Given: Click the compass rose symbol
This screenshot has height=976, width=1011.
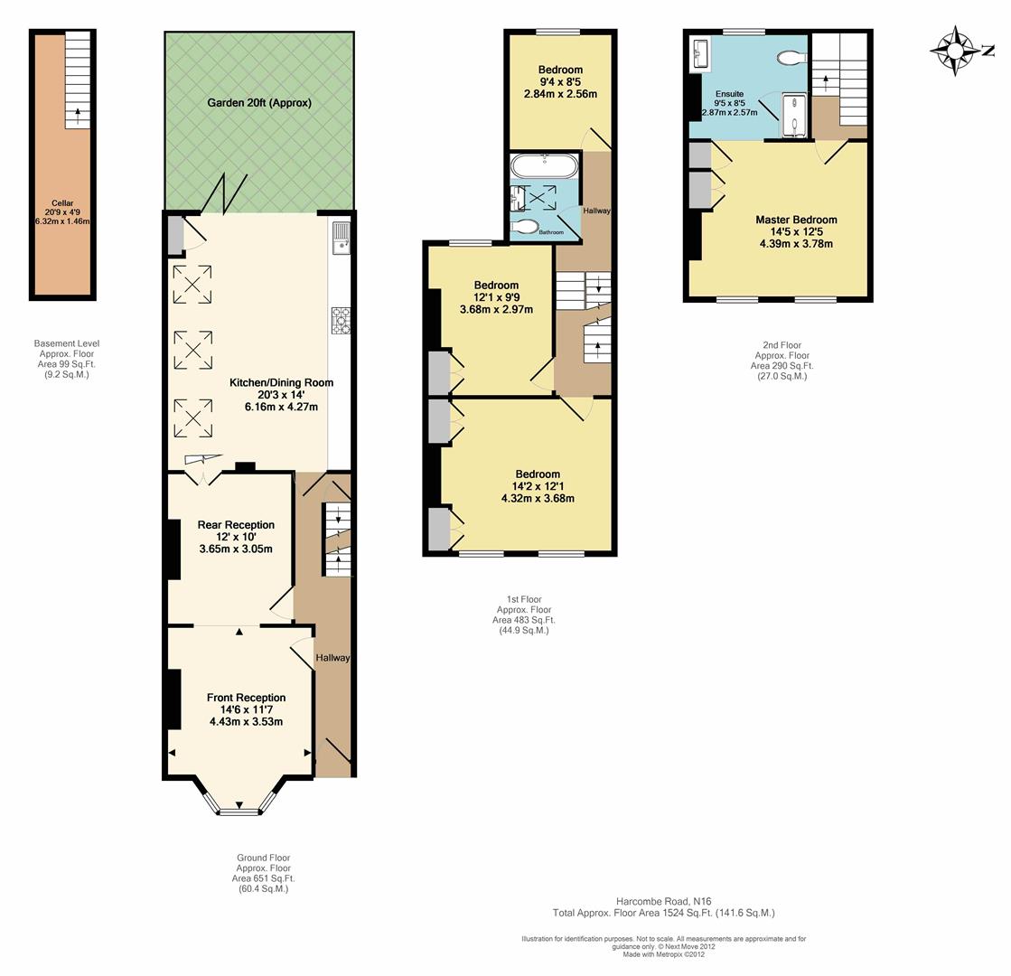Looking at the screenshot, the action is point(953,51).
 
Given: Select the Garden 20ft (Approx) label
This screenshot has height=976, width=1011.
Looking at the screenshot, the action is point(259,102).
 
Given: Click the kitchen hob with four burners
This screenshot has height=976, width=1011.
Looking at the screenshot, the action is point(341,321).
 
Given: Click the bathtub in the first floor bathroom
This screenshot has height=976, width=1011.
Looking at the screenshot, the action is point(545,165).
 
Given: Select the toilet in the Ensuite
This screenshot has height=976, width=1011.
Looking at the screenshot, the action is point(791,58).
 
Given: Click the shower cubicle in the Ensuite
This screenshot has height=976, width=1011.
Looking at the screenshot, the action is point(794,116).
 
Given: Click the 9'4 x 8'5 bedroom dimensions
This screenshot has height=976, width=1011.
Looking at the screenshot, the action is point(560,82).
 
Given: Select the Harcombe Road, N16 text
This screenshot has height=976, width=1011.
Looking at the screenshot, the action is point(663,901).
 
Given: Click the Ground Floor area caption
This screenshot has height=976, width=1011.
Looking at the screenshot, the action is point(264,874).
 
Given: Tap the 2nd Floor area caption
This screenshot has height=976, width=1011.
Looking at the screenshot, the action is point(782,361).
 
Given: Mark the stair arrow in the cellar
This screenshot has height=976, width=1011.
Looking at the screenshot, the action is point(78,116).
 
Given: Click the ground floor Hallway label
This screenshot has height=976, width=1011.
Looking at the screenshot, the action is point(332,658).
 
